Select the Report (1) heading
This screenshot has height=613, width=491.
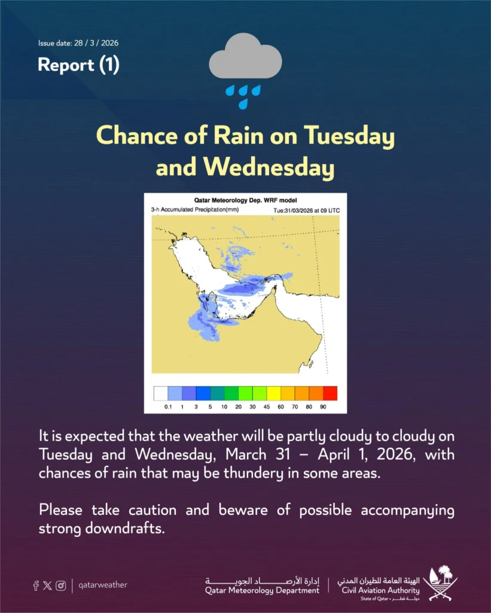click(x=78, y=65)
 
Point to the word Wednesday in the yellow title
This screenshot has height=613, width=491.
click(x=269, y=168)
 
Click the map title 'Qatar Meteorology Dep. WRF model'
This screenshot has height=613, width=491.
click(x=245, y=200)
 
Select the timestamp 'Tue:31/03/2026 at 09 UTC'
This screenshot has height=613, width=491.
click(x=306, y=210)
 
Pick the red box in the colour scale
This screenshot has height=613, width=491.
click(x=330, y=393)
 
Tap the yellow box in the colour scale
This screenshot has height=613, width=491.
click(x=274, y=393)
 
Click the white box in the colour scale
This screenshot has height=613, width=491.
click(x=161, y=393)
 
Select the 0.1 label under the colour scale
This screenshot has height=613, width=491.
click(x=168, y=406)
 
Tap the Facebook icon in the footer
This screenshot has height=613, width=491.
click(x=36, y=585)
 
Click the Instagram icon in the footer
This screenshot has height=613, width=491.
click(x=60, y=585)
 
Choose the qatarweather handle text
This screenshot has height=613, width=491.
click(x=103, y=585)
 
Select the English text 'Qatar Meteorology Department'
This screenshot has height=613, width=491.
click(x=262, y=591)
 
